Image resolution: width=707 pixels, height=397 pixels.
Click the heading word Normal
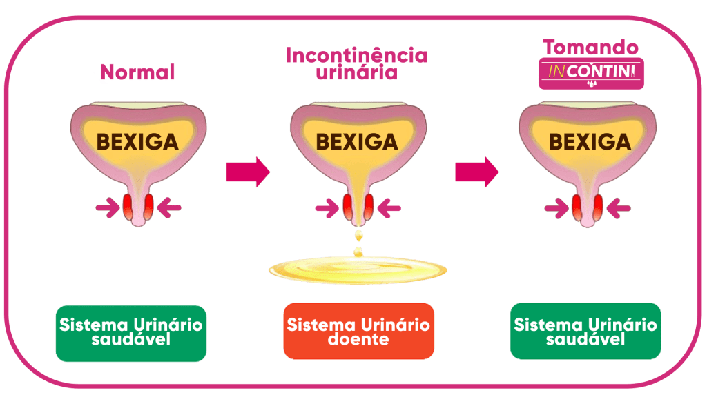pyautogui.click(x=138, y=72)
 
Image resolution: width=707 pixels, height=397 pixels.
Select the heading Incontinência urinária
pyautogui.click(x=356, y=63)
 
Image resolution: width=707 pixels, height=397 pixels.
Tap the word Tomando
pyautogui.click(x=590, y=48)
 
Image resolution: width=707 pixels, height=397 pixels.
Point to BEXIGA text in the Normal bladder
pyautogui.click(x=137, y=142)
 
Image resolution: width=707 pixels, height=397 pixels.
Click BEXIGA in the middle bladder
pyautogui.click(x=357, y=142)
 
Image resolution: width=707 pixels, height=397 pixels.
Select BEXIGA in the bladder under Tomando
pyautogui.click(x=590, y=142)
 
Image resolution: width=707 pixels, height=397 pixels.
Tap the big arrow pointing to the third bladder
pyautogui.click(x=476, y=172)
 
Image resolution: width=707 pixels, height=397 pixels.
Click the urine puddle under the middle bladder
pyautogui.click(x=357, y=268)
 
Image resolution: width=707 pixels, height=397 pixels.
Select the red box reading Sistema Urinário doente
pyautogui.click(x=358, y=331)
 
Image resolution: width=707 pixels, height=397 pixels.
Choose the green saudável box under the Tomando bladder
pyautogui.click(x=585, y=331)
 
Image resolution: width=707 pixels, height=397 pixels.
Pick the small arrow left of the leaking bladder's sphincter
pyautogui.click(x=327, y=206)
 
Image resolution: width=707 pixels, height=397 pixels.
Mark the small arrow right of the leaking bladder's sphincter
pyautogui.click(x=389, y=206)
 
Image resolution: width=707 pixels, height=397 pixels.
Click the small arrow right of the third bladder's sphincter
pyautogui.click(x=619, y=206)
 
